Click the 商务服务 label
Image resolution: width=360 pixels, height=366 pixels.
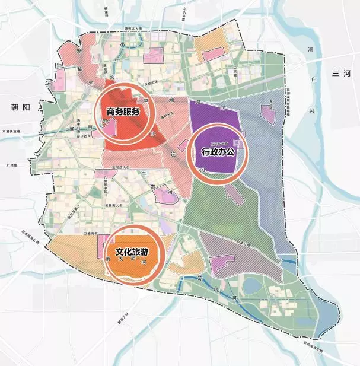(123, 112)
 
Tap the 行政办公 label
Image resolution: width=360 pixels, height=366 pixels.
(218, 152)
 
